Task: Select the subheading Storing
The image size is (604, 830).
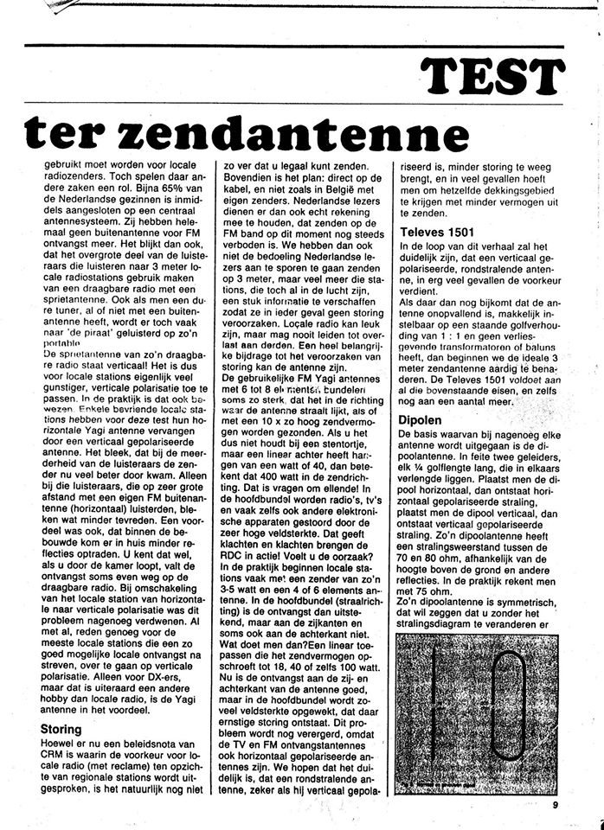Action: click(x=61, y=730)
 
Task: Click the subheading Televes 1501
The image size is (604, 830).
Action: click(x=437, y=232)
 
